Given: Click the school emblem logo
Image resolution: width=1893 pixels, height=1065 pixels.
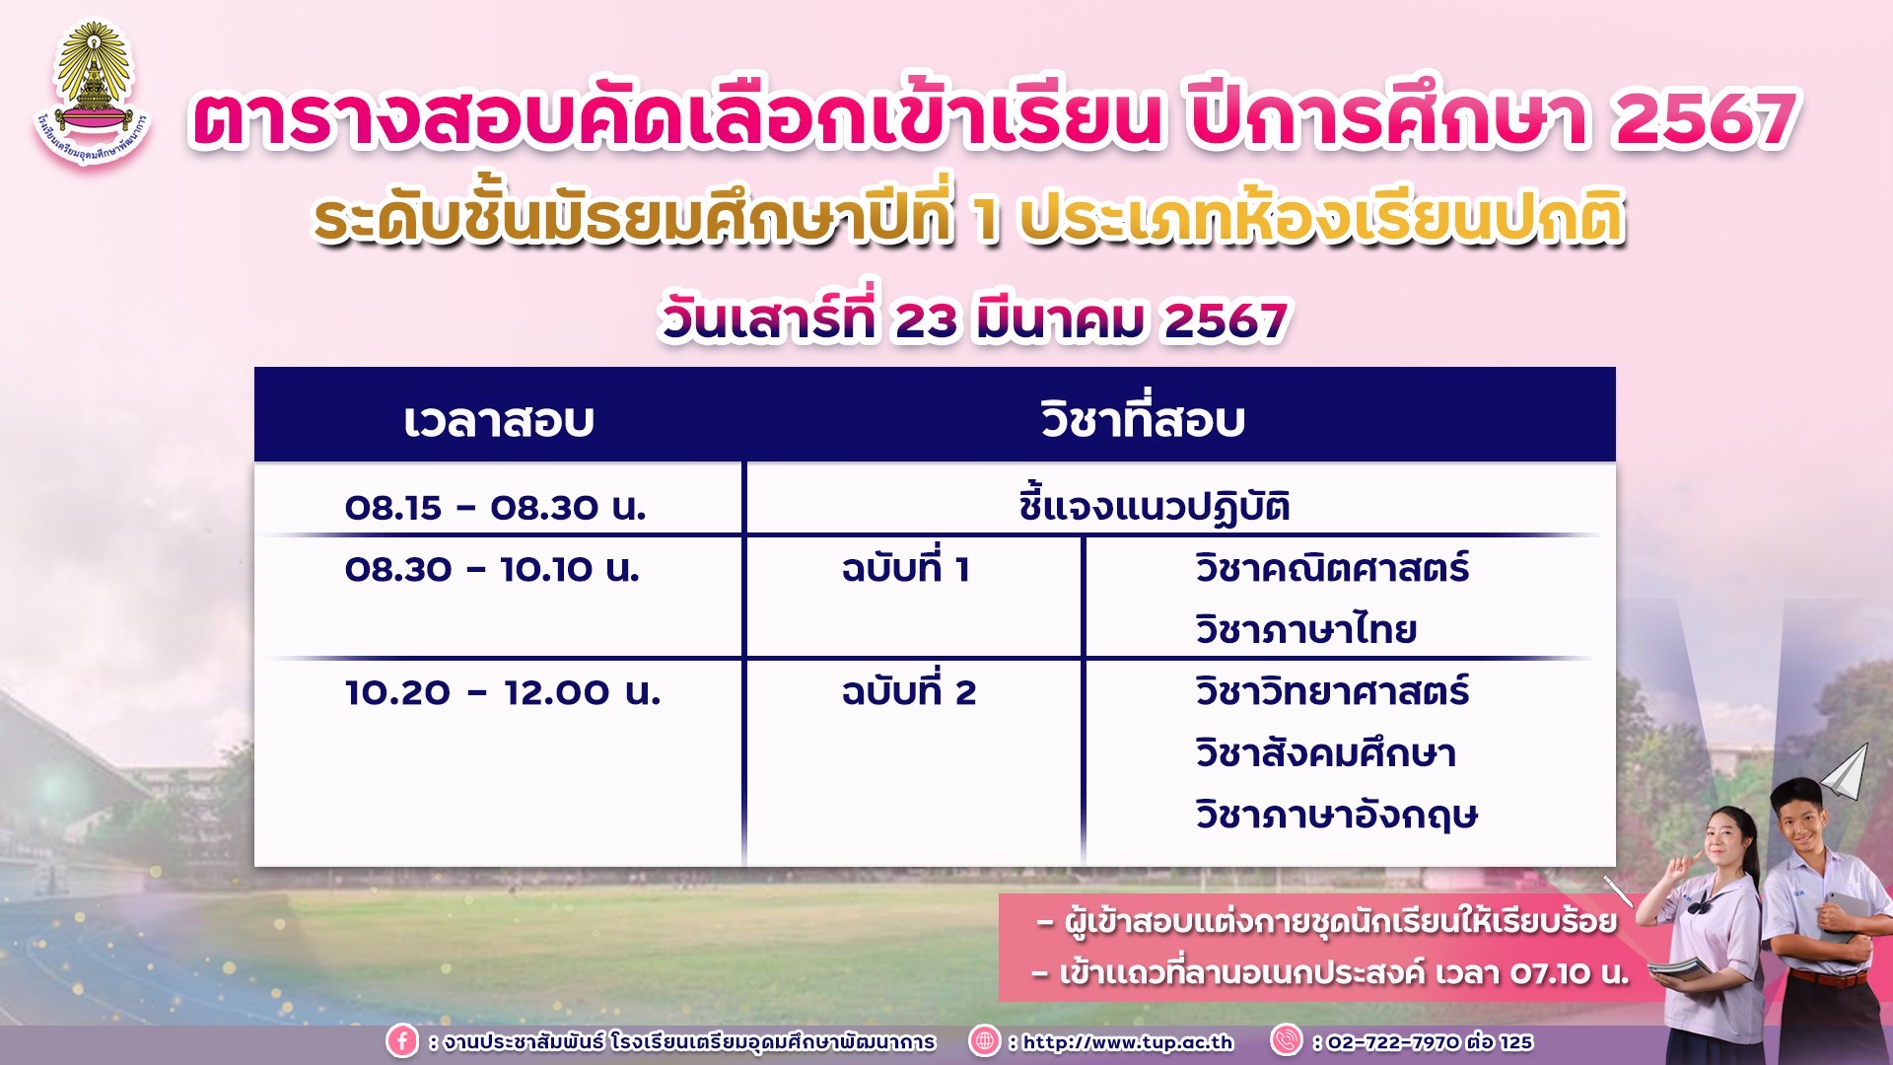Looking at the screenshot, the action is click(x=93, y=95).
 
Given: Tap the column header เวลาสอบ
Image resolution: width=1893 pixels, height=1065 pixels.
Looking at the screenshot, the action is click(x=499, y=420).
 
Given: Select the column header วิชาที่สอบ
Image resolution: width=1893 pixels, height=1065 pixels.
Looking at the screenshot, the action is click(x=1143, y=418).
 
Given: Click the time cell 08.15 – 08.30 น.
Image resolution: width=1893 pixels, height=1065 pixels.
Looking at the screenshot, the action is click(x=495, y=508).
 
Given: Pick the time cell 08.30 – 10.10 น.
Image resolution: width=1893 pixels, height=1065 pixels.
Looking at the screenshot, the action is click(x=492, y=569).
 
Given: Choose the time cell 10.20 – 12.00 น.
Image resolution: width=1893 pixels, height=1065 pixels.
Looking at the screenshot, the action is click(x=503, y=692).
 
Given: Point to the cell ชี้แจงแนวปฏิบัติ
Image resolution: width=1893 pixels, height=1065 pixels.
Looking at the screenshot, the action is click(x=1155, y=505).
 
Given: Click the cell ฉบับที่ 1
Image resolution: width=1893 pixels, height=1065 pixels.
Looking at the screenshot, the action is click(x=905, y=567).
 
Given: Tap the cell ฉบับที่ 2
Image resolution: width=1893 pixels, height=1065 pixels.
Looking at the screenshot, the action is click(x=908, y=690).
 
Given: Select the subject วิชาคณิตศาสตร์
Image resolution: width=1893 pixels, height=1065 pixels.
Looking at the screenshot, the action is click(x=1332, y=568).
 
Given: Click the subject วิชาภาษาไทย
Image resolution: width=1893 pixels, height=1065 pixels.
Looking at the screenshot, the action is click(x=1305, y=629).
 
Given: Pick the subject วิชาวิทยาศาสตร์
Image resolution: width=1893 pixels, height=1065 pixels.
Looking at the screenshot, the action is click(x=1332, y=691).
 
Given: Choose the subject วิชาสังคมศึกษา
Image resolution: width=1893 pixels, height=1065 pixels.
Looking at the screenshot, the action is click(x=1325, y=753).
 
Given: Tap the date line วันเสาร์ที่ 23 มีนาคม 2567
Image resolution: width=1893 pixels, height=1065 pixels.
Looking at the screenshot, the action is click(x=974, y=318).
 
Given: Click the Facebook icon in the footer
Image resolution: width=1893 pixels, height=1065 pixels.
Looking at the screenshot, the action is click(x=401, y=1041).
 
